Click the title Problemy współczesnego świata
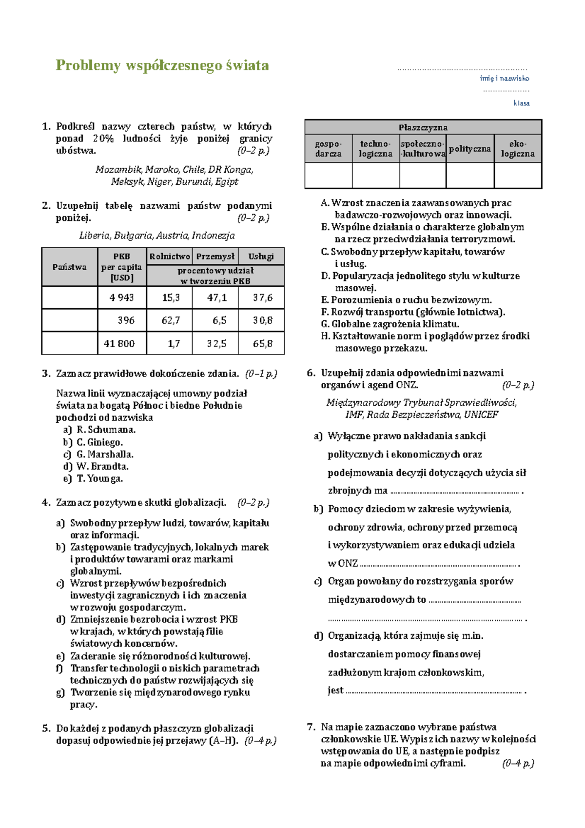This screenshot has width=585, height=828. (162, 65)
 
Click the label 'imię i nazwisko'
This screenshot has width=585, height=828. (504, 78)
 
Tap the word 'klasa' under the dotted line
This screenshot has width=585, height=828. (521, 103)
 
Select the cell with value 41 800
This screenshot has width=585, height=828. (119, 343)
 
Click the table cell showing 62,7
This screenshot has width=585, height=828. (171, 320)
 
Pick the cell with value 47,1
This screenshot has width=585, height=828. (216, 297)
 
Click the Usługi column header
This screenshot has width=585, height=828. (261, 256)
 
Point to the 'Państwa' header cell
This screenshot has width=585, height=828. (69, 267)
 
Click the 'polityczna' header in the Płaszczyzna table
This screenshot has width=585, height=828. (469, 149)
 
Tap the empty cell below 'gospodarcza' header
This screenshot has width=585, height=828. (328, 175)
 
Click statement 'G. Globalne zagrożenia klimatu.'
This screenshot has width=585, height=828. (390, 324)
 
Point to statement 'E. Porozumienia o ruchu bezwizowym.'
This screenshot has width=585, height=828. (406, 300)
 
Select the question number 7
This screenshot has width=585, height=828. (311, 727)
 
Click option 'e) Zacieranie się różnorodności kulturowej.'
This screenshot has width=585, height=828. (154, 656)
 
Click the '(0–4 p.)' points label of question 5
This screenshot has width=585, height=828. (260, 740)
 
